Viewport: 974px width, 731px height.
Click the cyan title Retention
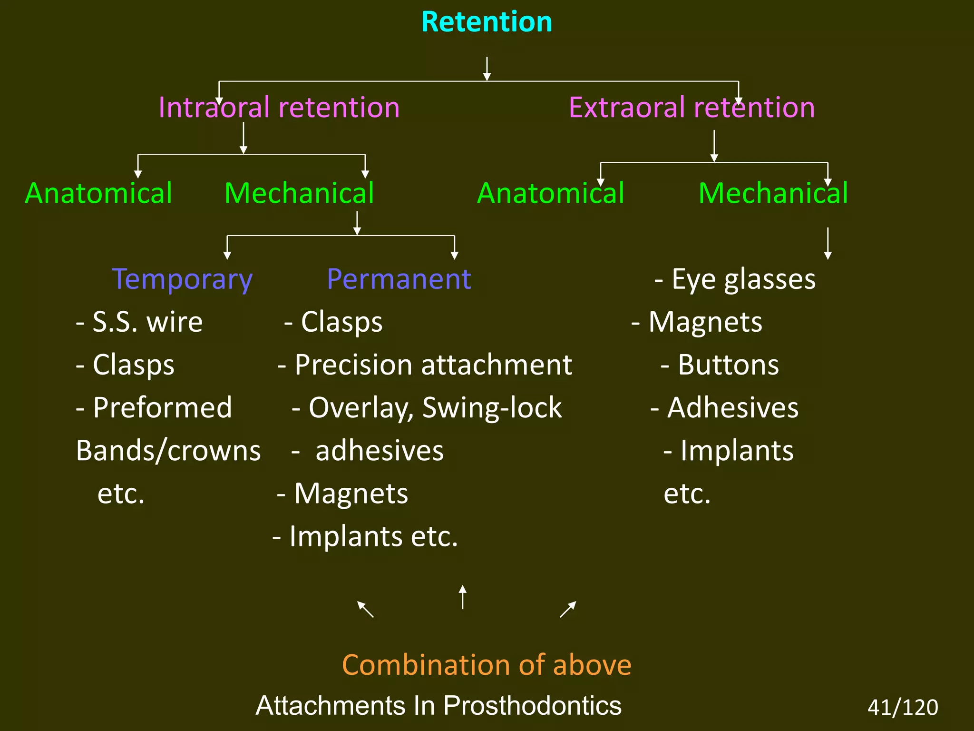pyautogui.click(x=487, y=22)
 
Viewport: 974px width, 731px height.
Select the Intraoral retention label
pyautogui.click(x=279, y=108)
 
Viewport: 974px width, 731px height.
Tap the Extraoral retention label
pyautogui.click(x=692, y=108)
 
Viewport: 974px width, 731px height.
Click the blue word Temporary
pyautogui.click(x=182, y=279)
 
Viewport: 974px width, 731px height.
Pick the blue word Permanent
pyautogui.click(x=399, y=279)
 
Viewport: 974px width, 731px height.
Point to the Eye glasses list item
pyautogui.click(x=735, y=279)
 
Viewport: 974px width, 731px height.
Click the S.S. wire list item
pyautogui.click(x=139, y=322)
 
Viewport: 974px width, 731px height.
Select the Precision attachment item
pyautogui.click(x=425, y=365)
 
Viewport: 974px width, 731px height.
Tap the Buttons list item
pyautogui.click(x=720, y=365)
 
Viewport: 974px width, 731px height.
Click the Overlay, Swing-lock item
pyautogui.click(x=427, y=408)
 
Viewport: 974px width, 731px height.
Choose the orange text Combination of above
pyautogui.click(x=487, y=665)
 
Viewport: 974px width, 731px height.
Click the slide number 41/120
pyautogui.click(x=903, y=707)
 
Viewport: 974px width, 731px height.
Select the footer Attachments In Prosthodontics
pyautogui.click(x=438, y=705)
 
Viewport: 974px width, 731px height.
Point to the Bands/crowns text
pyautogui.click(x=168, y=451)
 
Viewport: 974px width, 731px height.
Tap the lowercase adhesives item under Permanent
pyautogui.click(x=379, y=451)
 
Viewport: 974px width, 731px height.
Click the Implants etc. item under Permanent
pyautogui.click(x=365, y=536)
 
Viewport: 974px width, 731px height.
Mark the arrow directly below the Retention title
pyautogui.click(x=487, y=69)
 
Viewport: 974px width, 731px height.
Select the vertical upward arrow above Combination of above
pyautogui.click(x=462, y=597)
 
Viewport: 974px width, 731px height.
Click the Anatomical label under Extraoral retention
pyautogui.click(x=550, y=194)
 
